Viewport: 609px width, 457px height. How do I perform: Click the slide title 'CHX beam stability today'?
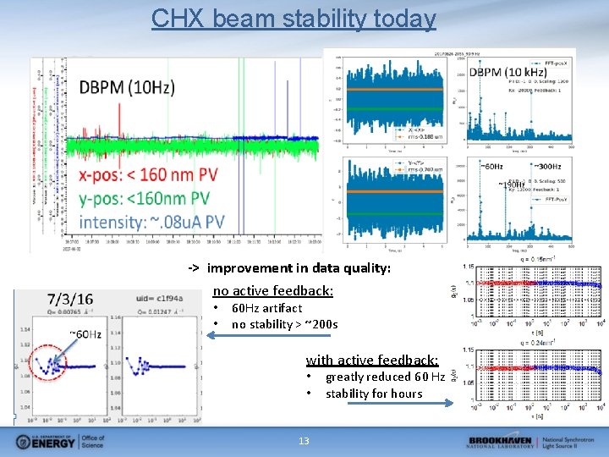294,18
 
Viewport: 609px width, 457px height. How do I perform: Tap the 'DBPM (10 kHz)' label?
507,73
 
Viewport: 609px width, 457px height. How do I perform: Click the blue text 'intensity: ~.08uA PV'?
163,222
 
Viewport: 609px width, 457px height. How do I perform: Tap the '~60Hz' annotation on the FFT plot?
494,166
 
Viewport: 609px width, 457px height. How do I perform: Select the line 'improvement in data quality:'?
299,268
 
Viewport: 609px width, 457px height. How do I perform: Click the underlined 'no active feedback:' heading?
272,290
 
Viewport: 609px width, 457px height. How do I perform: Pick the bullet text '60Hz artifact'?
266,308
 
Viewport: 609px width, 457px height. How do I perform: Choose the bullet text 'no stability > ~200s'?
284,324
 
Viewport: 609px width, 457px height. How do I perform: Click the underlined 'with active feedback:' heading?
372,360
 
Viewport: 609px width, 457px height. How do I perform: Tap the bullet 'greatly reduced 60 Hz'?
385,377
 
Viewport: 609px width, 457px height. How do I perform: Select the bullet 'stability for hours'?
374,394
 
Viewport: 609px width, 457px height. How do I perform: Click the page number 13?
304,441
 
